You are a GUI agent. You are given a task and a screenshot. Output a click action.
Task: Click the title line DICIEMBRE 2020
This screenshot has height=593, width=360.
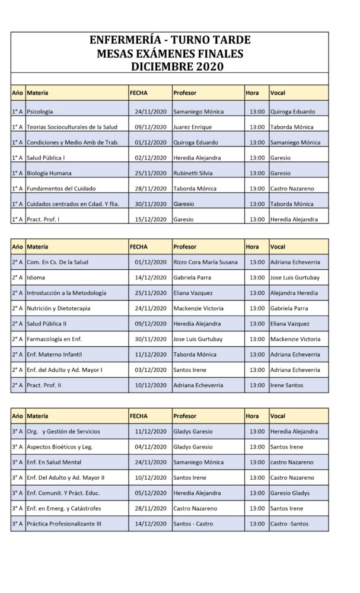click(177, 66)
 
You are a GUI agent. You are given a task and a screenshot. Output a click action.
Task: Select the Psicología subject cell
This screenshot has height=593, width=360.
click(40, 111)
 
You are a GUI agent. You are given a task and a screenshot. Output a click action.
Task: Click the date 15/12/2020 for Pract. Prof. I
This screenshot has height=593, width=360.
click(151, 219)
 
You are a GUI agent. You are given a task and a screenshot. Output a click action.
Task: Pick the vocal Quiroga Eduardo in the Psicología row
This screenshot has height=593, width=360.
click(292, 111)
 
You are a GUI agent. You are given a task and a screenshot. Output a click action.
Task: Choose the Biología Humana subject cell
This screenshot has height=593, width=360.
click(49, 173)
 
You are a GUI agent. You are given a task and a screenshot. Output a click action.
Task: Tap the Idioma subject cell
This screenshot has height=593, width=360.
click(36, 278)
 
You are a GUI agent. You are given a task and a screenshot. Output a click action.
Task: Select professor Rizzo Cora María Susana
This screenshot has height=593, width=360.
click(205, 262)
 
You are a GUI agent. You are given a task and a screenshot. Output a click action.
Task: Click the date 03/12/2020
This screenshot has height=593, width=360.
click(151, 370)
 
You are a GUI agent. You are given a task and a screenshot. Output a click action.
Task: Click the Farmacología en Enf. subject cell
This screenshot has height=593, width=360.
click(55, 339)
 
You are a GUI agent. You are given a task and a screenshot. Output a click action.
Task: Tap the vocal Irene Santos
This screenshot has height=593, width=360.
click(286, 385)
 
